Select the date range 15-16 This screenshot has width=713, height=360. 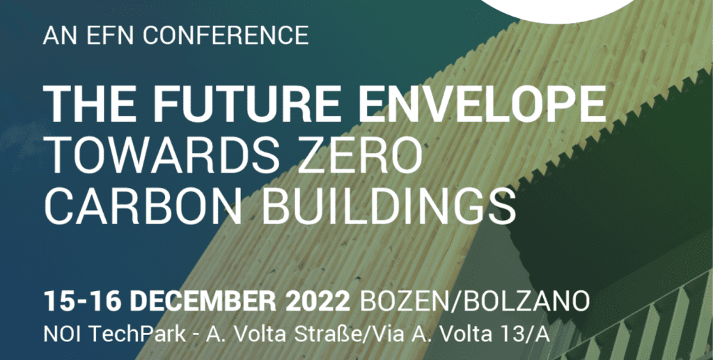pos(82,302)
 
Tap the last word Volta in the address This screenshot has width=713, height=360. pos(450,334)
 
